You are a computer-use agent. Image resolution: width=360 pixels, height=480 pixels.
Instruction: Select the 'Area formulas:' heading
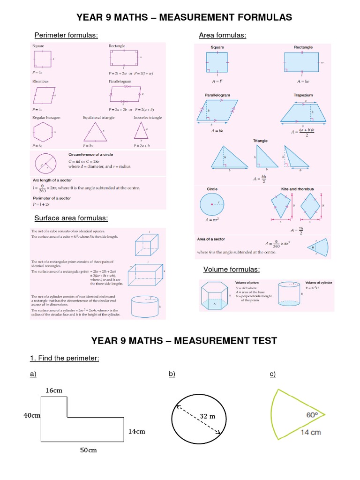click(x=223, y=35)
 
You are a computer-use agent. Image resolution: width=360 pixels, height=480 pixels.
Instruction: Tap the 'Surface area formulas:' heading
click(x=71, y=218)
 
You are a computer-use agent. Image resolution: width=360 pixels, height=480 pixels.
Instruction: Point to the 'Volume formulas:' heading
click(x=232, y=269)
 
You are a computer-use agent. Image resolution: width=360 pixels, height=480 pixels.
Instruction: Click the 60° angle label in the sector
click(x=313, y=414)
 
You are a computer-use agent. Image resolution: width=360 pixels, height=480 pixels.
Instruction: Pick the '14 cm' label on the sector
click(x=311, y=432)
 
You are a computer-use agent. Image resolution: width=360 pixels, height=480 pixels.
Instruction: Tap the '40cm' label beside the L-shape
click(x=32, y=415)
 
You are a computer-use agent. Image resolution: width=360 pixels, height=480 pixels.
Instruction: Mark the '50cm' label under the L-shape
click(x=88, y=450)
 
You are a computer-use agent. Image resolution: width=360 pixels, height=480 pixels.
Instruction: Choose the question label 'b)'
click(x=172, y=374)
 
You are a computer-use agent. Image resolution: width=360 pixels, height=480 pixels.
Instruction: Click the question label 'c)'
click(x=272, y=374)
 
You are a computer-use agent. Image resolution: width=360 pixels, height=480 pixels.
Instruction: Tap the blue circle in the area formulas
click(x=212, y=204)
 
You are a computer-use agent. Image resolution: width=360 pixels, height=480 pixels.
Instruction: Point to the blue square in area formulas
click(x=217, y=62)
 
